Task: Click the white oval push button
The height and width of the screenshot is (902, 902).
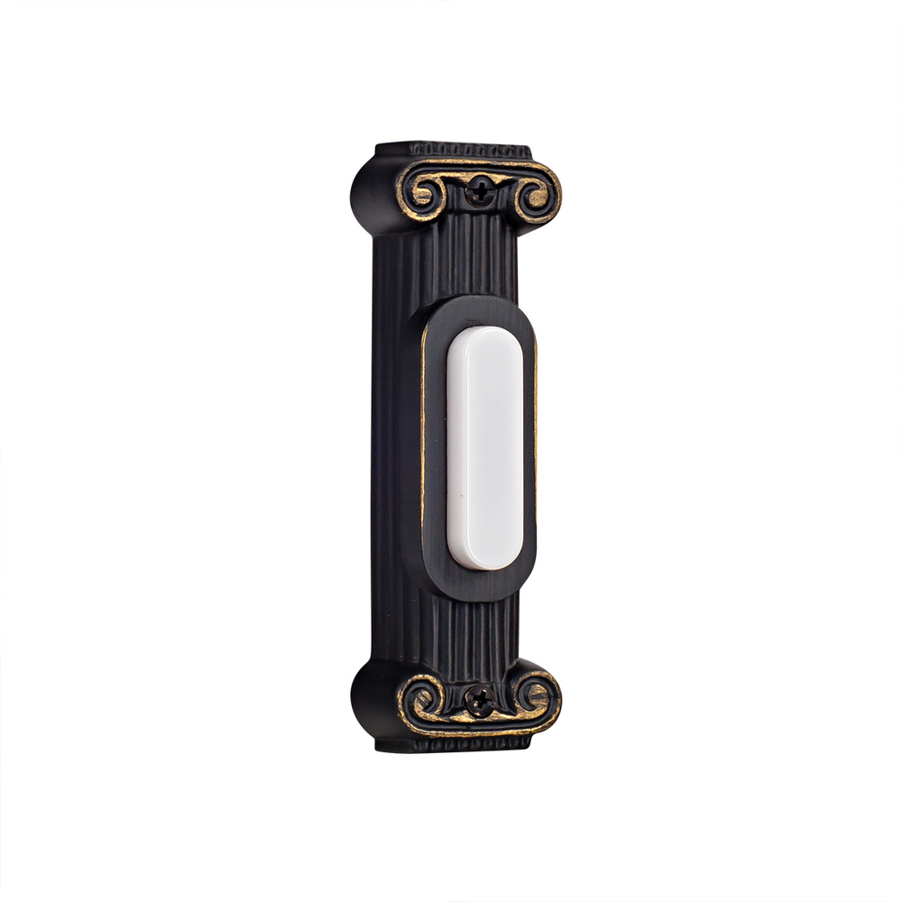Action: click(485, 448)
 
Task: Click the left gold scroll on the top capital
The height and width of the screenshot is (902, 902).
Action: click(426, 191)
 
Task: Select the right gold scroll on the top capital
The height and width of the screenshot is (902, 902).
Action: click(536, 198)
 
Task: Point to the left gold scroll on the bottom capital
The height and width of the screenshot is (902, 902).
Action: click(421, 696)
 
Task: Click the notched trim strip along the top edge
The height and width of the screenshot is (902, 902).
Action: click(451, 150)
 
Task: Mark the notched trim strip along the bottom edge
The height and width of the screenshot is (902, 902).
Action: click(451, 743)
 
